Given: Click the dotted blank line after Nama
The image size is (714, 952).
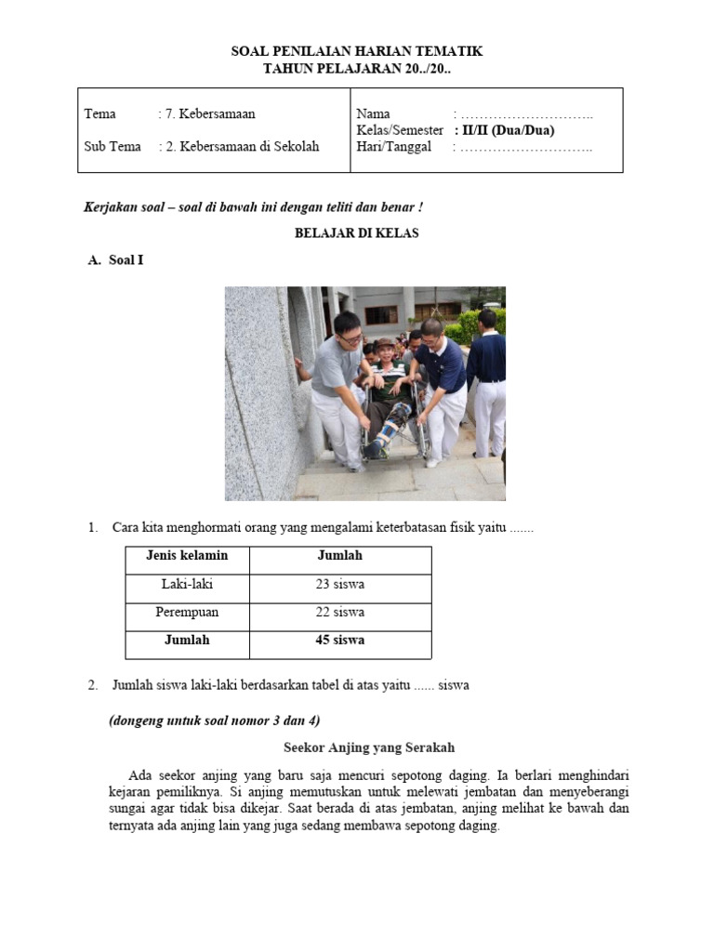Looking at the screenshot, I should click(527, 114).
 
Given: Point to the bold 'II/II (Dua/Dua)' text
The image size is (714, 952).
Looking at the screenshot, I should click(510, 130).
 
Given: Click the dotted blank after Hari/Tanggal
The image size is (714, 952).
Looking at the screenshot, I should click(527, 147).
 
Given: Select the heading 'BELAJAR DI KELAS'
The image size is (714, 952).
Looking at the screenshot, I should click(357, 233).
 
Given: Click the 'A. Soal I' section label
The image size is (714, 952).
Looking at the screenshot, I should click(116, 260).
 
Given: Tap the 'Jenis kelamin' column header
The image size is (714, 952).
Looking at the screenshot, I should click(187, 556).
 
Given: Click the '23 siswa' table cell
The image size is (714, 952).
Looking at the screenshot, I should click(339, 585).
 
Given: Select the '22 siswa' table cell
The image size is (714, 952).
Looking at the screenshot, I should click(339, 613).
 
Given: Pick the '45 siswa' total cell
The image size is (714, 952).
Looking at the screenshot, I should click(339, 641).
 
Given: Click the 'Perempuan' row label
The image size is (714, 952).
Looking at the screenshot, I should click(187, 613).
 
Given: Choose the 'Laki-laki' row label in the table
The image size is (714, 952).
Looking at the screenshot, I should click(187, 585).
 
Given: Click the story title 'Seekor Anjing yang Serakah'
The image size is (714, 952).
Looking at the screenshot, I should click(369, 747).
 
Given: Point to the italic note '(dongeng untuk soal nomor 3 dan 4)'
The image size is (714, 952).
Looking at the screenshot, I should click(216, 721).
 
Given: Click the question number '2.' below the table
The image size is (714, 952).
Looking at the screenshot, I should click(93, 685).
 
